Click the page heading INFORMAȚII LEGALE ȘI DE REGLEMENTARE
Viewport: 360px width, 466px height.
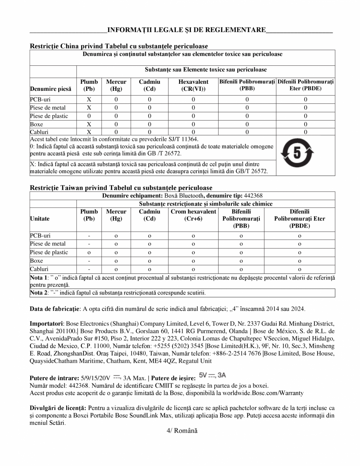(186, 30)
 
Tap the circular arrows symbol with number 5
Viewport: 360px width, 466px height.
(297, 155)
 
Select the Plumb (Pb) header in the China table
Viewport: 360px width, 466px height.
(89, 85)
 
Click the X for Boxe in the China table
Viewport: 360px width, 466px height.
(89, 124)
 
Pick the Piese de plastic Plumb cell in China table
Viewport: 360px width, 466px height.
(89, 116)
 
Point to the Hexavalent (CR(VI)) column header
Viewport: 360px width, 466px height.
(193, 85)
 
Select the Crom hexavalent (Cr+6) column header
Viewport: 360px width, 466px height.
(193, 215)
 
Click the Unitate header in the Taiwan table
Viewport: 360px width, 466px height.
(40, 219)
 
